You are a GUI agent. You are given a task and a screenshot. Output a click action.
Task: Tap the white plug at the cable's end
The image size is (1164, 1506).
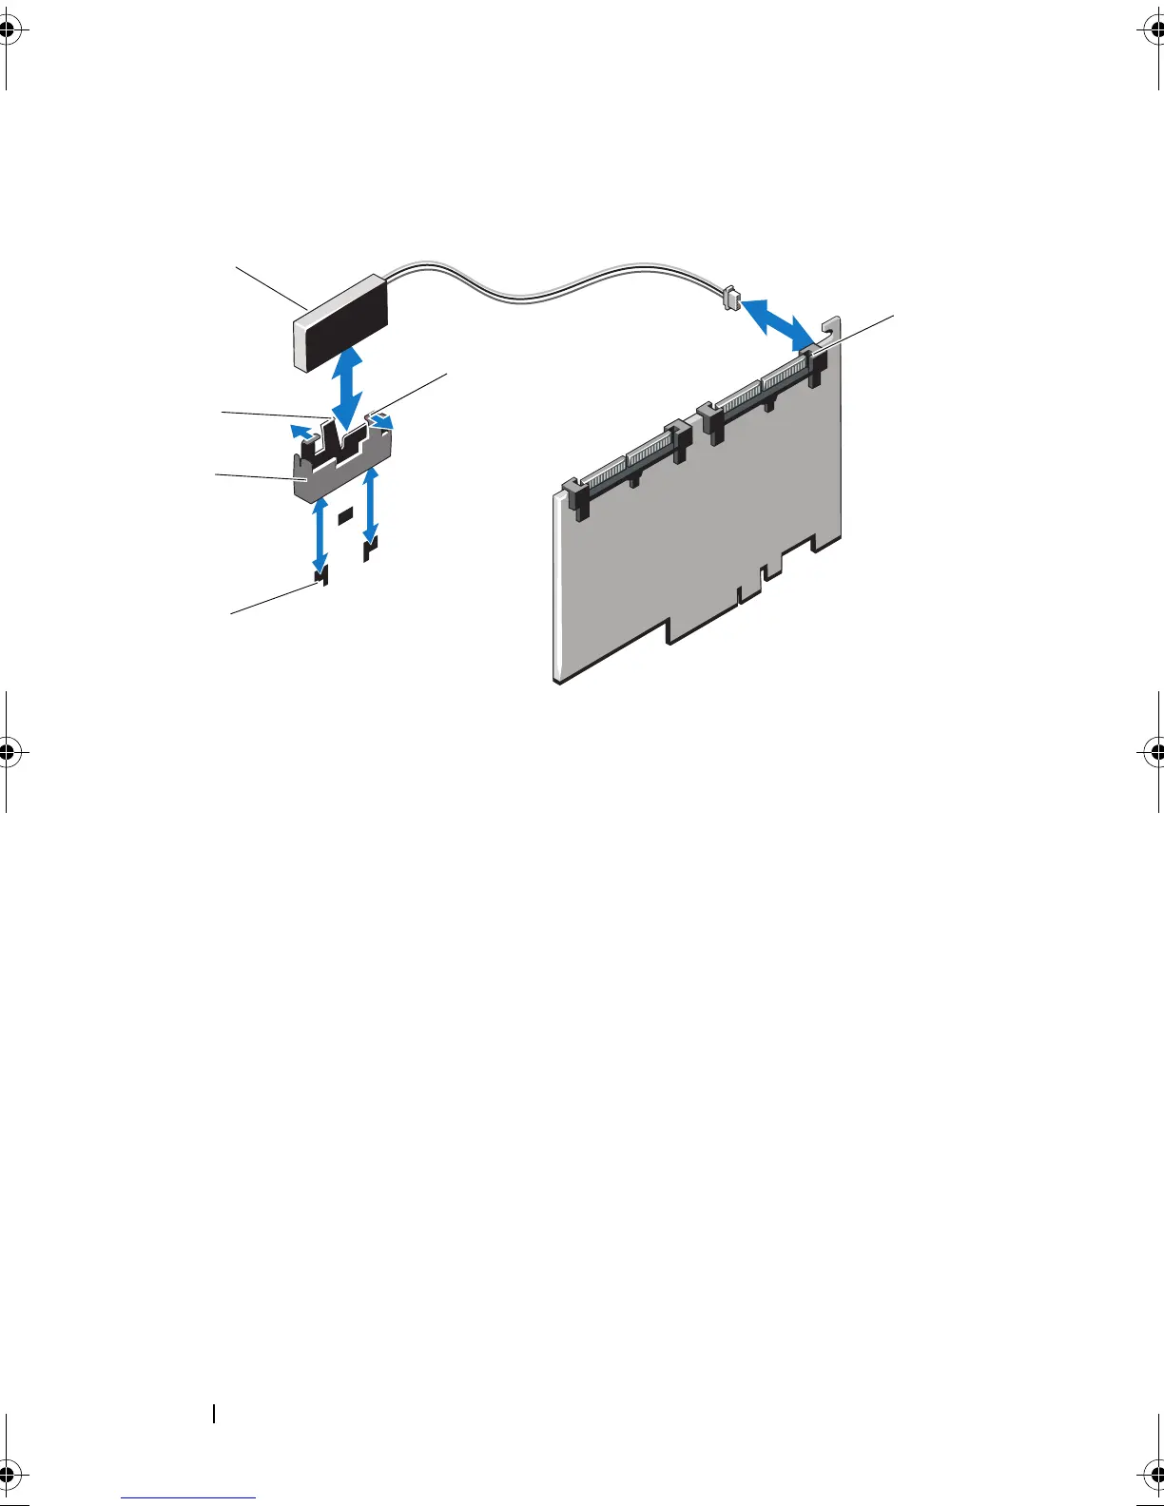point(731,298)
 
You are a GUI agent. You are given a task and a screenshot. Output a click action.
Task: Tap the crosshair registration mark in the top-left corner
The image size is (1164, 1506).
point(10,29)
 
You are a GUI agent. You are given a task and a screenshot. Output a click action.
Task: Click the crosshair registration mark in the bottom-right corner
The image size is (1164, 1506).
point(1154,1476)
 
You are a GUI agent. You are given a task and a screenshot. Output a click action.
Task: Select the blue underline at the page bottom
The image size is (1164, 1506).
point(189,1497)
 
